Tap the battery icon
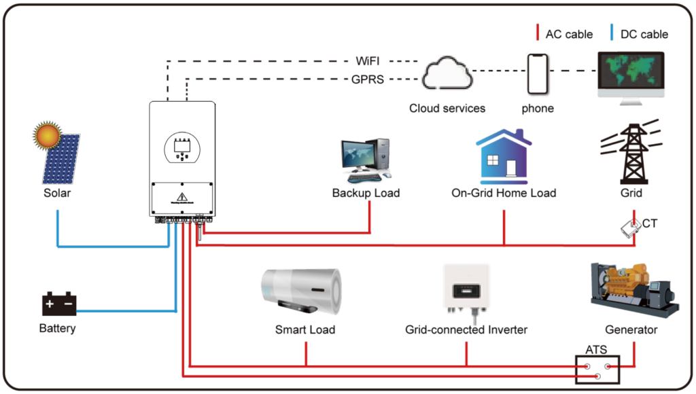pyautogui.click(x=59, y=305)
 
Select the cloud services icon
pyautogui.click(x=447, y=75)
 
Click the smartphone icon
pyautogui.click(x=538, y=73)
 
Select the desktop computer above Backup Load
pyautogui.click(x=366, y=160)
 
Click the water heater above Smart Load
pyautogui.click(x=301, y=292)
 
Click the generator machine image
pyautogui.click(x=633, y=289)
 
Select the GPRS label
pyautogui.click(x=368, y=79)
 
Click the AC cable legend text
pyautogui.click(x=570, y=34)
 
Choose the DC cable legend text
pyautogui.click(x=645, y=34)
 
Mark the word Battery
pyautogui.click(x=58, y=329)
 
